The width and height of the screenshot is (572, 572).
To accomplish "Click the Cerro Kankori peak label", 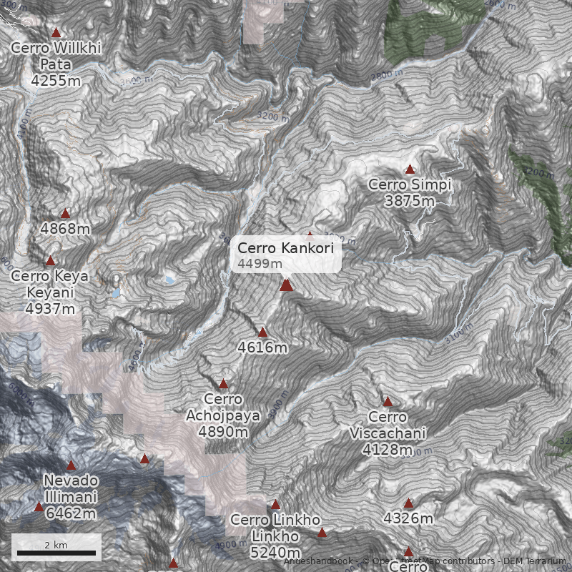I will (285, 248).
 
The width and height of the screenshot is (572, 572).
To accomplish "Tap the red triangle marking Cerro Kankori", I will (286, 285).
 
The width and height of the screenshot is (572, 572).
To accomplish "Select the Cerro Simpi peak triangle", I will (410, 169).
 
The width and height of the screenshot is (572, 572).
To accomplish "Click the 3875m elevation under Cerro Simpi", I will (410, 201).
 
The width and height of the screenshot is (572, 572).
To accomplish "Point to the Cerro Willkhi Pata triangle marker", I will (56, 32).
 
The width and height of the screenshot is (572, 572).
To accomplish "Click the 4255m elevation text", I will (56, 81).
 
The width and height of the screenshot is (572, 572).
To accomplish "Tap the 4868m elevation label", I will (65, 229).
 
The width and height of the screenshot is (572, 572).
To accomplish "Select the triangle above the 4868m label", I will (66, 213).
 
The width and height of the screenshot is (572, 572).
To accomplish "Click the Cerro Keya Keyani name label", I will (50, 285).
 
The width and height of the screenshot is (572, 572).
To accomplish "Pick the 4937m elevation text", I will (50, 309).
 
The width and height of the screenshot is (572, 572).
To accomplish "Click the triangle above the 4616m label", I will (262, 332).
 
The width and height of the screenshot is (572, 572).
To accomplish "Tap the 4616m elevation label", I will (262, 347).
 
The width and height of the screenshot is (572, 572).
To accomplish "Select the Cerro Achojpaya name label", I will (223, 407).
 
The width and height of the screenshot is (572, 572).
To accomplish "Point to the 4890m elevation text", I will (223, 432).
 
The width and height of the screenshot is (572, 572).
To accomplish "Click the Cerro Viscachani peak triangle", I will (388, 401).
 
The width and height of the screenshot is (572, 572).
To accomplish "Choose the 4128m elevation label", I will (388, 450).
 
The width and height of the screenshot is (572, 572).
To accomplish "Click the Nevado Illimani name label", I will (71, 488).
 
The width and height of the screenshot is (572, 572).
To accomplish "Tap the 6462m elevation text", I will (71, 513).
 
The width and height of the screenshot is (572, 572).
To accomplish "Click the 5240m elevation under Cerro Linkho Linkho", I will (275, 553).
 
